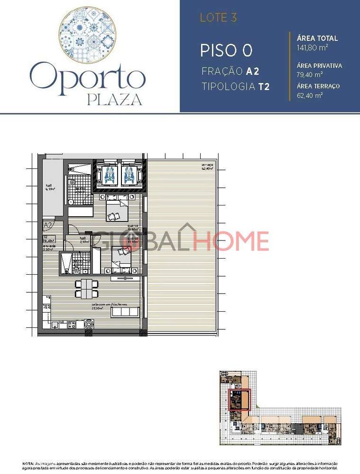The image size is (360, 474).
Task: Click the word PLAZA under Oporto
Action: (115, 100)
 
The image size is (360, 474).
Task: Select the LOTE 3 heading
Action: (218, 18)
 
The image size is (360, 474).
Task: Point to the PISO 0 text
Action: (226, 50)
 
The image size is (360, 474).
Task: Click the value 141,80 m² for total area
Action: (313, 47)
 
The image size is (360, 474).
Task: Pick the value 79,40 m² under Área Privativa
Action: (310, 74)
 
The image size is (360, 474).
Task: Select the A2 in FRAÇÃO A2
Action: (252, 72)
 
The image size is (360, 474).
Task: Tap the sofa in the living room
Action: (126, 312)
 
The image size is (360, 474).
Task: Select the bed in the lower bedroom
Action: (120, 258)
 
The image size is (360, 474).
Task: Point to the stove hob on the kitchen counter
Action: (73, 325)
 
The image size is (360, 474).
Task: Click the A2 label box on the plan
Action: (48, 225)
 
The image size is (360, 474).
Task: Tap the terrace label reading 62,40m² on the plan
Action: (206, 167)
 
